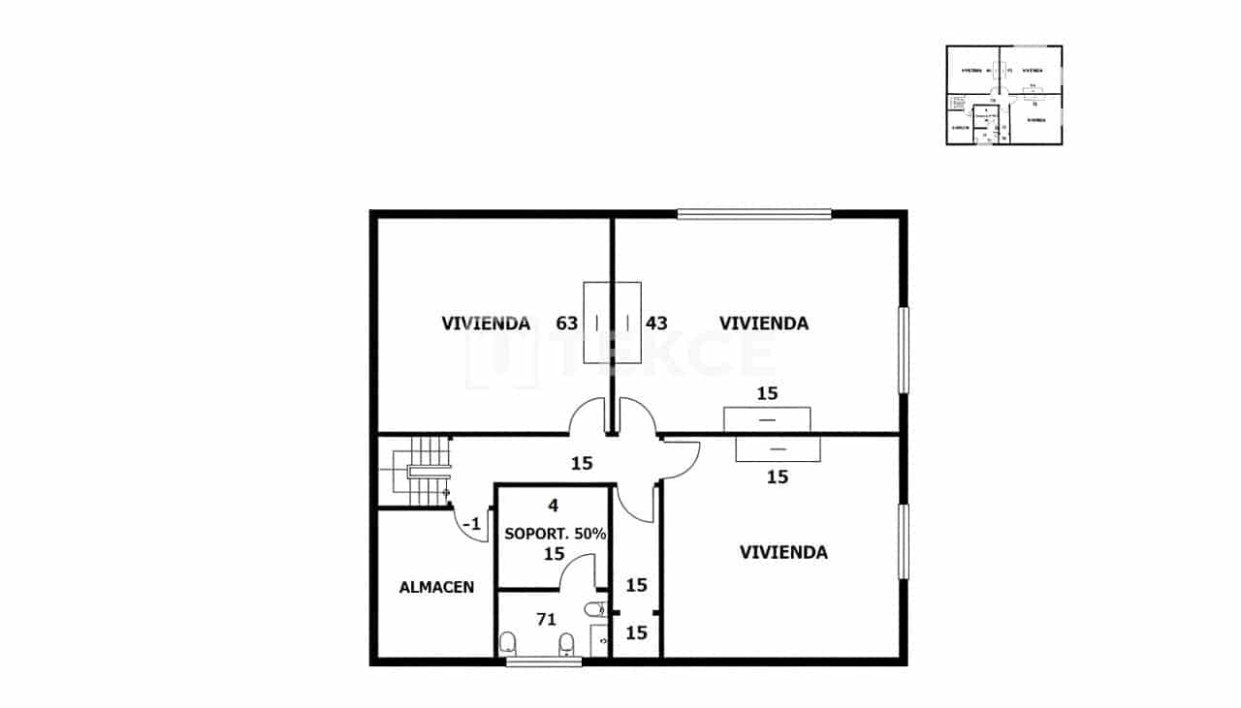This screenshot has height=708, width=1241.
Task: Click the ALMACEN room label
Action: point(436,587)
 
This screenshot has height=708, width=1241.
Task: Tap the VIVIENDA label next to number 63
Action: point(486,323)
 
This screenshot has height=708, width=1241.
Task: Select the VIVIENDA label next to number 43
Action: point(763,323)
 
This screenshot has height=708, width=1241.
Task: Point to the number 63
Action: point(567,323)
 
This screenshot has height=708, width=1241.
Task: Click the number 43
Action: point(656,323)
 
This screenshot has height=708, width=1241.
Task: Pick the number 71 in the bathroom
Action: point(546,618)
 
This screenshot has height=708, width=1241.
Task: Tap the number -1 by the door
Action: point(472,524)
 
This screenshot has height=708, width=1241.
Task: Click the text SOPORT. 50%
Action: point(555,534)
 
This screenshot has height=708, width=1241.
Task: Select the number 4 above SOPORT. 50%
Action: point(553,506)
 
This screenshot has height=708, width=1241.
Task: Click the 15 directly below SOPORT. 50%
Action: point(554,554)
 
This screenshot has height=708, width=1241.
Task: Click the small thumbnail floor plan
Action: point(1003,95)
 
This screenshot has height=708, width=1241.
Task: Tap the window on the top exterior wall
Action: point(754,214)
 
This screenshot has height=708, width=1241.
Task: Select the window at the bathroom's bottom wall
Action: point(544,662)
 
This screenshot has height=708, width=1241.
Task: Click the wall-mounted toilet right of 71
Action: point(595,610)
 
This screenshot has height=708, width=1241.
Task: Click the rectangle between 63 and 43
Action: point(612,323)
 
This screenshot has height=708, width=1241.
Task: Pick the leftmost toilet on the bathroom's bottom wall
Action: point(507,642)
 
